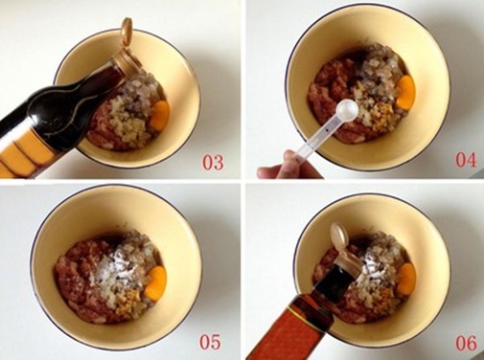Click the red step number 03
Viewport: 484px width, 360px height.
[x=213, y=162]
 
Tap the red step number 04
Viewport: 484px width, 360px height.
[x=466, y=160]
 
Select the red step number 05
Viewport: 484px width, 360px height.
[x=210, y=342]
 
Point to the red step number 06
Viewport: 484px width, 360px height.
[x=466, y=344]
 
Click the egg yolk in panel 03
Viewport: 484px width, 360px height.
[x=159, y=115]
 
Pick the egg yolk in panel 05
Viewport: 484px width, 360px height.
[x=155, y=281]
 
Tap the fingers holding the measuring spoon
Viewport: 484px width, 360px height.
[x=289, y=166]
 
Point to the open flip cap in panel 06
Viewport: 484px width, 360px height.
[x=339, y=235]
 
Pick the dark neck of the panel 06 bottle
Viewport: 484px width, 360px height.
[x=333, y=281]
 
